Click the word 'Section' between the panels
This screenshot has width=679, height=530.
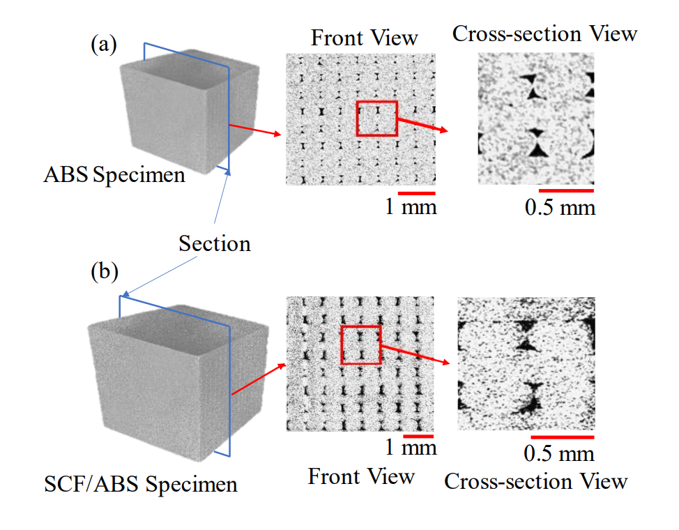point(215,244)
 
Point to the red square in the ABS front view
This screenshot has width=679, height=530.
point(376,118)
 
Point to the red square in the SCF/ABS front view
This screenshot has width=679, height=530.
point(360,344)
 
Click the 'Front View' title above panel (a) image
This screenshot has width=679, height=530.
point(365,37)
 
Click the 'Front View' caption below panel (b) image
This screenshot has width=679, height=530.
point(361,477)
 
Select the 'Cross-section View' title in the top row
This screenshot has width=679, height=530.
point(544,33)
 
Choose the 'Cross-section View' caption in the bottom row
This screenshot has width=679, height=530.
point(535,481)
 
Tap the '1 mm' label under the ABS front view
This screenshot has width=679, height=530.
point(411,206)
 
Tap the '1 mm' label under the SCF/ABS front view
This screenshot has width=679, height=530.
point(411,448)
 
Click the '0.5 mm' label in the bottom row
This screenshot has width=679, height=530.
point(559,454)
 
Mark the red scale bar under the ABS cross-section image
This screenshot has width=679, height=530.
point(566,190)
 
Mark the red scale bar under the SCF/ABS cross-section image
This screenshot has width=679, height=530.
point(561,437)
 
